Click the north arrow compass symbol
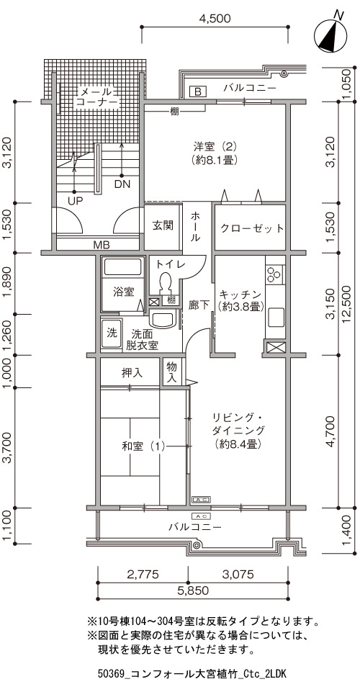point(331,35)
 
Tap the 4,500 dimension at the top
point(215,18)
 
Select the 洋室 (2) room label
point(215,152)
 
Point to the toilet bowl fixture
point(166,282)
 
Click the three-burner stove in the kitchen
point(275,274)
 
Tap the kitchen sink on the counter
point(276,317)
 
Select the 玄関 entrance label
point(163,225)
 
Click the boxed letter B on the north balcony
point(198,91)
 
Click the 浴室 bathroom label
point(123,292)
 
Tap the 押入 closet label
point(132,373)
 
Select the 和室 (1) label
point(143,446)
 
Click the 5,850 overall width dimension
point(192,590)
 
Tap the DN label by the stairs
point(122,184)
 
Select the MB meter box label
point(101,245)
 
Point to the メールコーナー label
point(97,97)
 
